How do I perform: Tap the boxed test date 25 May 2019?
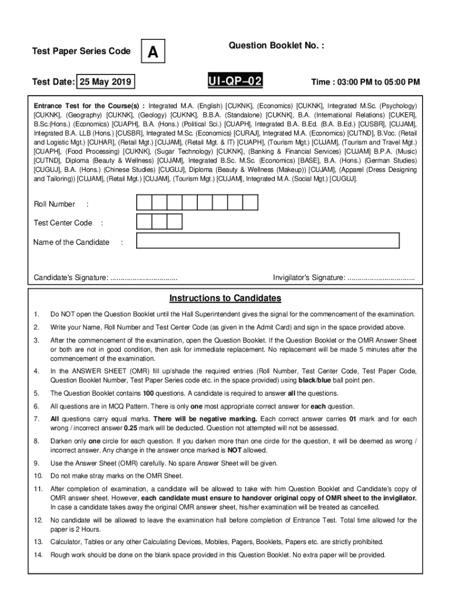pyautogui.click(x=107, y=82)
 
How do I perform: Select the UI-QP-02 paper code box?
pyautogui.click(x=234, y=81)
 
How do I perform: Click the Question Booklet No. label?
pyautogui.click(x=276, y=45)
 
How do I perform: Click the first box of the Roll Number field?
pyautogui.click(x=144, y=203)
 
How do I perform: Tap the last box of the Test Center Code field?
pyautogui.click(x=175, y=222)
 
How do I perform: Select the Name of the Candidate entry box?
pyautogui.click(x=268, y=241)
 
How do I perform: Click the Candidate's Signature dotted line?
pyautogui.click(x=144, y=277)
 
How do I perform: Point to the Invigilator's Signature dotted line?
pyautogui.click(x=381, y=277)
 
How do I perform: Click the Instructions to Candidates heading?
pyautogui.click(x=225, y=298)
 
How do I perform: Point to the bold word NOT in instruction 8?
pyautogui.click(x=235, y=450)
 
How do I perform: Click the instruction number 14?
pyautogui.click(x=38, y=555)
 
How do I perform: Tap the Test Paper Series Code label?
pyautogui.click(x=81, y=52)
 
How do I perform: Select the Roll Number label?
pyautogui.click(x=55, y=204)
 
